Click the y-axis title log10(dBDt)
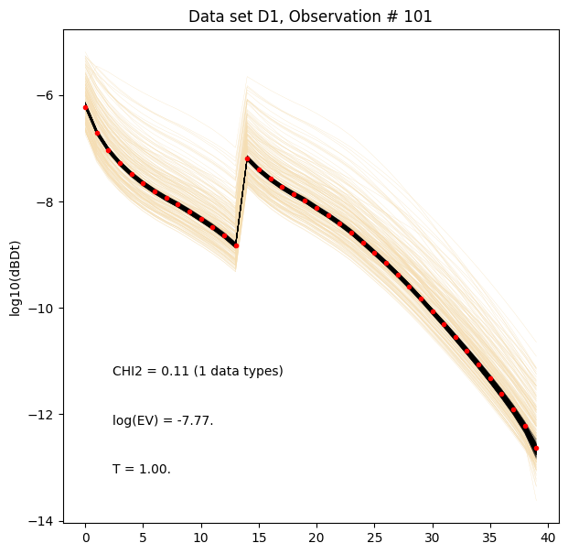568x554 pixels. coord(16,276)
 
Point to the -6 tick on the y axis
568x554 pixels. coord(48,95)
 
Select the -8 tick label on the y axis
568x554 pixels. coord(48,201)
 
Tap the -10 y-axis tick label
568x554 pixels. coord(44,308)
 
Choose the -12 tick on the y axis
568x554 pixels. coord(44,414)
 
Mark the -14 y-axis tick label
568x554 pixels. coord(44,521)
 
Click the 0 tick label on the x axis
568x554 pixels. coord(85,536)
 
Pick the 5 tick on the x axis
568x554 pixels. coord(143,536)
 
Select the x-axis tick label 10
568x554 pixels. coord(201,536)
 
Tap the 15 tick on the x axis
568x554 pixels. coord(259,536)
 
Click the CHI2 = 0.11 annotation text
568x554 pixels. coord(198,371)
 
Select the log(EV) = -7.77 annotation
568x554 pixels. coord(163,420)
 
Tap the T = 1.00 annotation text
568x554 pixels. coord(142,469)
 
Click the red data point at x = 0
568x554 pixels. coord(85,107)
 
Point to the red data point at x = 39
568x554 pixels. coord(536,448)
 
